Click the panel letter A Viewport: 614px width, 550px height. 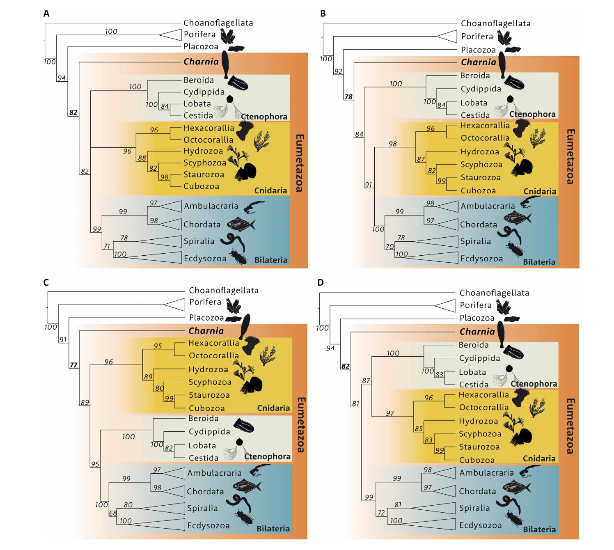point(46,14)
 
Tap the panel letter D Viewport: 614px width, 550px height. point(321,282)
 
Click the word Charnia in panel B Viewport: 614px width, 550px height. point(479,62)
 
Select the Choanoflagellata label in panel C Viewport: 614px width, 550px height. point(224,291)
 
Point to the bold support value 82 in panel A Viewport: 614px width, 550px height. point(73,112)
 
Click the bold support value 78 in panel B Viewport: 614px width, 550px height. point(348,97)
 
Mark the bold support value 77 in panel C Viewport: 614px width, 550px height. point(73,365)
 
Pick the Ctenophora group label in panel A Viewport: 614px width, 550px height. point(264,117)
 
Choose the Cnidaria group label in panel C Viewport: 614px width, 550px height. point(273,408)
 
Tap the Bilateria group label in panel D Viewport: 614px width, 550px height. point(539,529)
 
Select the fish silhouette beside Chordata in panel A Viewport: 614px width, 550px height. point(241,224)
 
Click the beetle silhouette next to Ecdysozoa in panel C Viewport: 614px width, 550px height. point(244,518)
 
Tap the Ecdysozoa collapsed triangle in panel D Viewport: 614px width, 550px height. point(435,525)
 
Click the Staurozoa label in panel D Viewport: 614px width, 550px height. point(479,447)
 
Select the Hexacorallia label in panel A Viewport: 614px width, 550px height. point(208,128)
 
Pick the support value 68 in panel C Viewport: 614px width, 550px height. point(113,513)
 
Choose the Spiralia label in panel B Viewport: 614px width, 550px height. point(475,241)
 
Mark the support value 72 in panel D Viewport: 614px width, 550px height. point(381,513)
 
